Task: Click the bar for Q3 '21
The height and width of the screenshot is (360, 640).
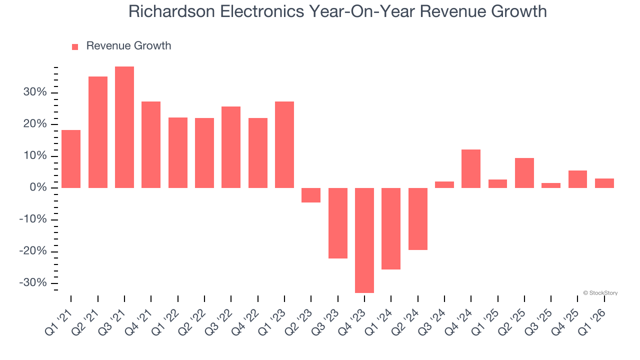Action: point(124,127)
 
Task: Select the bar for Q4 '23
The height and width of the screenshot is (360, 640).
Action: point(364,240)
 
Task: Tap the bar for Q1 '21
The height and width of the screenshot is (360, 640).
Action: point(71,158)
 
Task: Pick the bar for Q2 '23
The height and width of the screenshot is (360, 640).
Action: point(311,195)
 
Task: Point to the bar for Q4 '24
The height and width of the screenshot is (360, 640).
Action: point(471,168)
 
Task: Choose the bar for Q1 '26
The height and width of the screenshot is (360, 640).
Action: point(604,183)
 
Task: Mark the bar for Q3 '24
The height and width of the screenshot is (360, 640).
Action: point(444,184)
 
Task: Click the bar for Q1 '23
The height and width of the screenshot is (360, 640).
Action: point(284,144)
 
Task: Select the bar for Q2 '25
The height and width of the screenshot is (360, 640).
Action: point(524,172)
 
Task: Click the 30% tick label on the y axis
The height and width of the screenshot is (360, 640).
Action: point(34,92)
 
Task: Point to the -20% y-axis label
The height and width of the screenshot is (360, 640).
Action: point(32,251)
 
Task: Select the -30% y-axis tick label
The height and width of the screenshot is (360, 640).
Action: point(32,283)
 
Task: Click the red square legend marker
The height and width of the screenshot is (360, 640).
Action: point(75,47)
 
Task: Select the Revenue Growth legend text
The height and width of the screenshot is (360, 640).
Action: point(128,46)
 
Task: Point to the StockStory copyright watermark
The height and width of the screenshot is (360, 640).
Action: point(600,293)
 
